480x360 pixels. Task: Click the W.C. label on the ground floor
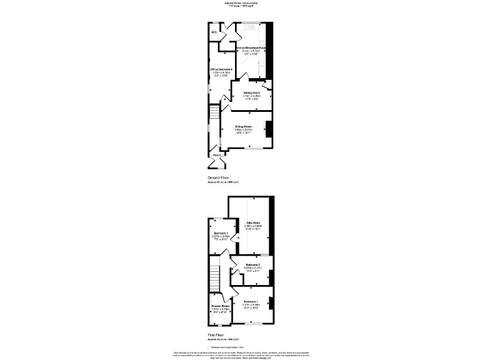pos(214,32)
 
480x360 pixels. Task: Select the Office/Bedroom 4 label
pos(221,69)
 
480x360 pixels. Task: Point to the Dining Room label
pos(252,92)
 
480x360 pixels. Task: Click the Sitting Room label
pos(244,126)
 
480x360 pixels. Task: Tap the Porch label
pos(216,154)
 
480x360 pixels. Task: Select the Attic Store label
pos(253,222)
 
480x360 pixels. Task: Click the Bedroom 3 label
pos(219,234)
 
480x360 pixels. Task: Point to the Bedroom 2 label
pos(252,265)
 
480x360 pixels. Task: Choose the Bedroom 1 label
pos(251,302)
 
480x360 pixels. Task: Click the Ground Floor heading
pos(219,177)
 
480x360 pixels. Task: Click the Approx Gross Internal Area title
pos(241,3)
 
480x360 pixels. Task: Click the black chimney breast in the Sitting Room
pos(269,128)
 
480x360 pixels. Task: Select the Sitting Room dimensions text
pos(244,131)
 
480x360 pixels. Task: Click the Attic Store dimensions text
pos(253,227)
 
